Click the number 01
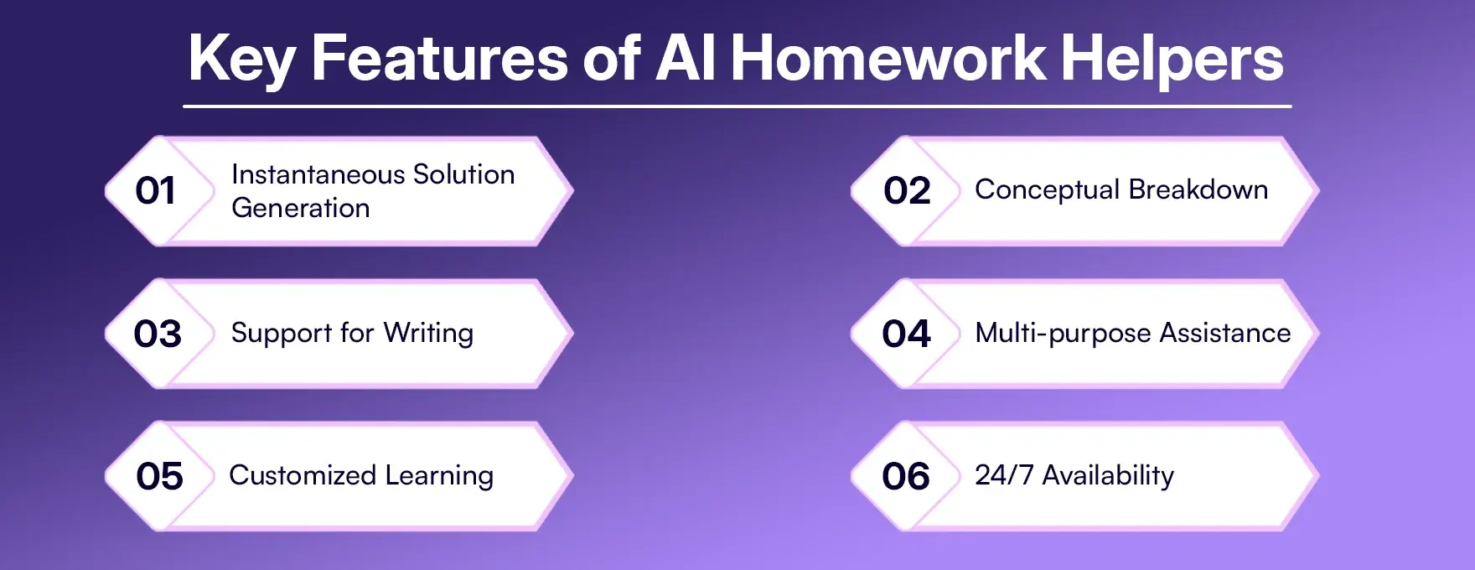(155, 191)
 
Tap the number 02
(907, 191)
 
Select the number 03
(158, 334)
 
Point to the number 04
(906, 334)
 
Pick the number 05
(159, 477)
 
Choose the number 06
(905, 477)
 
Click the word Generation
(300, 208)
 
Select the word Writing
(428, 333)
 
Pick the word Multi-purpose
(1063, 334)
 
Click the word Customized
(303, 475)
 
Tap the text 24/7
(1003, 475)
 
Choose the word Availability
(1107, 475)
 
